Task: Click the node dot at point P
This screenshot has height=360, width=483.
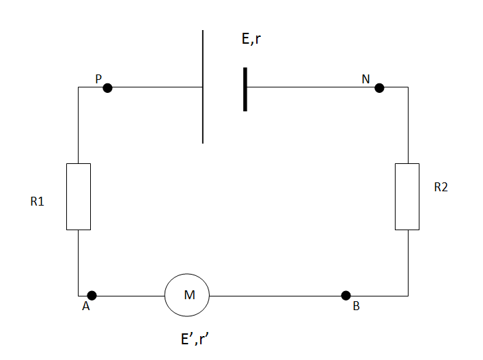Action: coord(107,87)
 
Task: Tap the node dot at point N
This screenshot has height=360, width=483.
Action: coord(379,87)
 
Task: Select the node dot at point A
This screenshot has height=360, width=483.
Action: coord(92,296)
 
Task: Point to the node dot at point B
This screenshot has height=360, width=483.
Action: coord(346,296)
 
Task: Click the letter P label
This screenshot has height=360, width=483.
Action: coord(98,79)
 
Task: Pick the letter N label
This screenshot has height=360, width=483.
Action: coord(365,79)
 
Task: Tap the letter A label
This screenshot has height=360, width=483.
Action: coord(86,307)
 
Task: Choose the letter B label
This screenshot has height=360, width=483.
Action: coord(356,307)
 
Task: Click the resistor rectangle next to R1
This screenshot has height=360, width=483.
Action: coord(79,196)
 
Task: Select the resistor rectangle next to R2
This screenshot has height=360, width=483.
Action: coord(407,196)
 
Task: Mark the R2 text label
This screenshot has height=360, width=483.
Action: coord(441,187)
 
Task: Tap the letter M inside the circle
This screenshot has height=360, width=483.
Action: coord(189,295)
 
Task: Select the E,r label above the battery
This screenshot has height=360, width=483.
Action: coord(251,40)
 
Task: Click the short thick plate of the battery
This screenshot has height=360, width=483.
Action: coord(245,88)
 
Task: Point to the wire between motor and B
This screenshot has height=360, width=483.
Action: coord(273,296)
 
